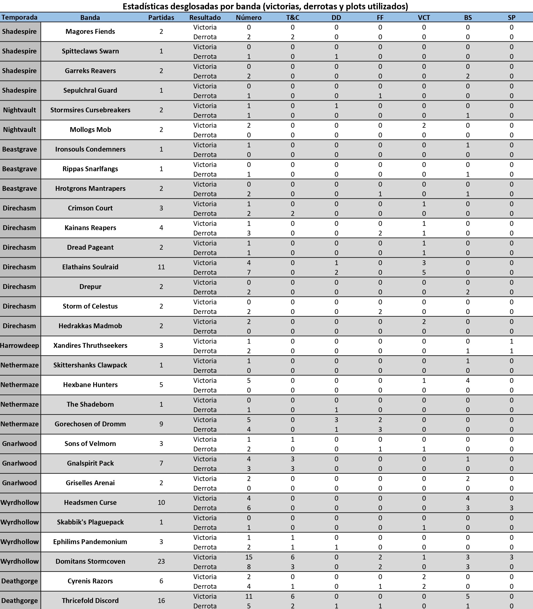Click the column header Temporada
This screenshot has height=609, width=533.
tap(19, 18)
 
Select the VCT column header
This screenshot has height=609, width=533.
tap(424, 18)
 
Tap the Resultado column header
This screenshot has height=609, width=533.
tap(205, 18)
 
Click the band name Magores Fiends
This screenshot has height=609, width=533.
tap(90, 31)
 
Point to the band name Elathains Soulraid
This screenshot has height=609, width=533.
tap(90, 267)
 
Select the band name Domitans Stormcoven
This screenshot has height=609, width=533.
tap(90, 561)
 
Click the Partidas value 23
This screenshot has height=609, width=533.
tap(161, 561)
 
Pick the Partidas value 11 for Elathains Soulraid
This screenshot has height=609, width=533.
tap(161, 267)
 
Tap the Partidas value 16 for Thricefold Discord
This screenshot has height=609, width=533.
tap(161, 601)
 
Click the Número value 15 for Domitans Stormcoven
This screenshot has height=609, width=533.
tap(249, 557)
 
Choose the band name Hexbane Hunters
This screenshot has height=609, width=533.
tap(90, 385)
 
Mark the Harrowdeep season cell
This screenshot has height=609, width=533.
tap(20, 345)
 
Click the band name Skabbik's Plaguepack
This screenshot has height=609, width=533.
tap(90, 522)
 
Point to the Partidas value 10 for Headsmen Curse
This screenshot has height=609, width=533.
tap(161, 502)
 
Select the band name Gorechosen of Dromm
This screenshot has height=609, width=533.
tap(90, 424)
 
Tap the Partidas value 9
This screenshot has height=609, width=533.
tap(161, 424)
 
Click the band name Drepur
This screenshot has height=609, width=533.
tap(90, 287)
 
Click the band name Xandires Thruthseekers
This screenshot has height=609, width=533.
tap(90, 345)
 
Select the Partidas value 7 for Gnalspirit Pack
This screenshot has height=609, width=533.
tap(161, 463)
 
